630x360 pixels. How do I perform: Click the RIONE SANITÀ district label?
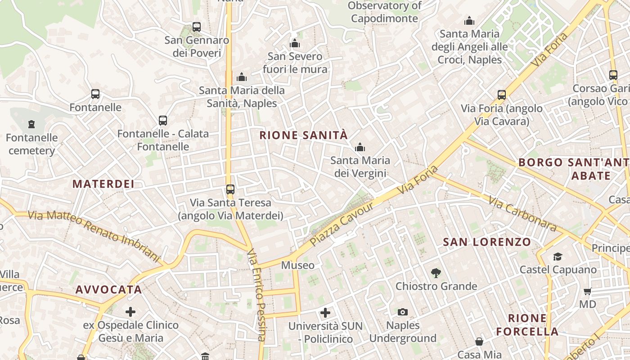click(304, 135)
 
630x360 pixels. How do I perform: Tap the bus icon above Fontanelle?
click(95, 94)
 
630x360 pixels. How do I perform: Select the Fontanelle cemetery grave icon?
click(31, 124)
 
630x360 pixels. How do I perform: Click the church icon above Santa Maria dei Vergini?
click(360, 147)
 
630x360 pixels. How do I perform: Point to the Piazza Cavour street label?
click(342, 224)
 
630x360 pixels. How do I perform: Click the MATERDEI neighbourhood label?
click(103, 184)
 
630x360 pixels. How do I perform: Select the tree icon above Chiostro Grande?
click(436, 272)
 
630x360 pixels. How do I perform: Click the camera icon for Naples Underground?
click(403, 312)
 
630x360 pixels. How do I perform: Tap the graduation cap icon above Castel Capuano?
click(558, 256)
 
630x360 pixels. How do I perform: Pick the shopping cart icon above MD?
click(587, 291)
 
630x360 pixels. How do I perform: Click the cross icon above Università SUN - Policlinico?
click(325, 312)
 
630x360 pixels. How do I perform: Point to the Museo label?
click(298, 265)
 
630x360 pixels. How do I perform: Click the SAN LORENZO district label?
click(487, 242)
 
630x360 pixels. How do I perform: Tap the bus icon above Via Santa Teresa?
click(230, 189)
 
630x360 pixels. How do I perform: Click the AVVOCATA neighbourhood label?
click(109, 290)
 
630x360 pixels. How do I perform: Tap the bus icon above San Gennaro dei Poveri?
click(197, 27)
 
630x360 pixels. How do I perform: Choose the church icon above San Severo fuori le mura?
click(295, 43)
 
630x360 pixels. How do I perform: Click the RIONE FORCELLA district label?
click(527, 325)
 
